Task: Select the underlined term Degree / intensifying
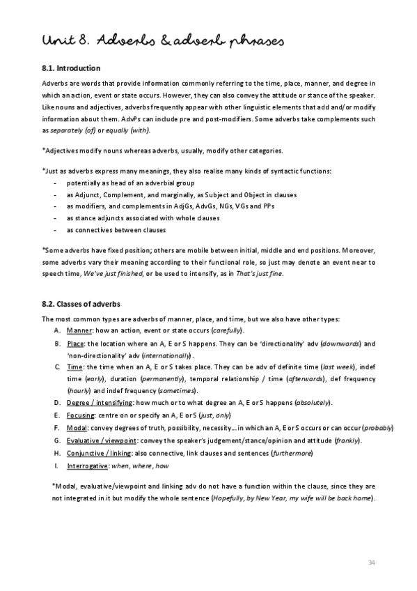101,403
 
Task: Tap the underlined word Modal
78,428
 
